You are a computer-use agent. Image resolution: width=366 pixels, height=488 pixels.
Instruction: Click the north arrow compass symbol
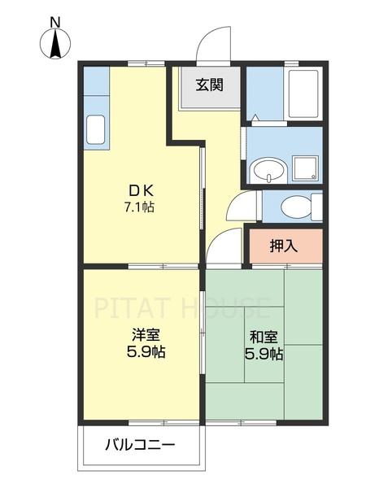[x=54, y=46]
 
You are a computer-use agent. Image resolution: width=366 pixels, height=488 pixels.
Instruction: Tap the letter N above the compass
[x=54, y=22]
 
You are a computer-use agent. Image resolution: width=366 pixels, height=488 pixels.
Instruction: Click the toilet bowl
[x=294, y=207]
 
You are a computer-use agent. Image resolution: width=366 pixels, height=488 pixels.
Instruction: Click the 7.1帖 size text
[x=138, y=208]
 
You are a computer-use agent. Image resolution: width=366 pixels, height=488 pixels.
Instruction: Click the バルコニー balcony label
[x=139, y=446]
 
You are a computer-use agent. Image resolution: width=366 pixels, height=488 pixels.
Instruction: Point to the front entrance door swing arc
[x=213, y=41]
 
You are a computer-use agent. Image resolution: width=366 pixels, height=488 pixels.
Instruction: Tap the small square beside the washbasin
[x=306, y=168]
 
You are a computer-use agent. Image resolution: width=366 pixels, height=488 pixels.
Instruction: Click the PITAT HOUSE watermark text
[x=182, y=309]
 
